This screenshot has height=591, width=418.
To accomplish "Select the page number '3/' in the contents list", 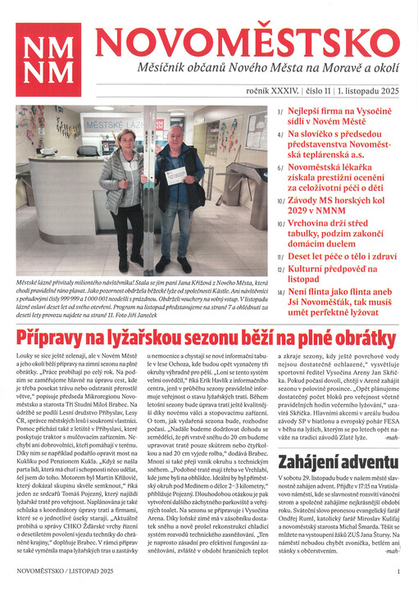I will (280, 111).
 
